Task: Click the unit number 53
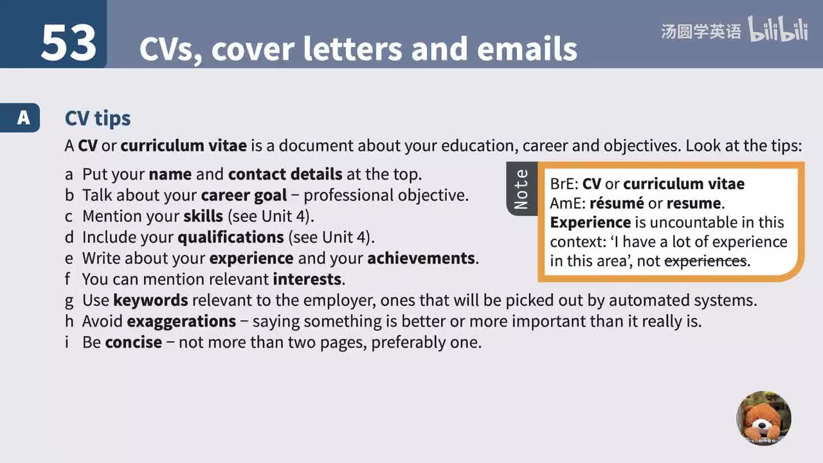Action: (69, 43)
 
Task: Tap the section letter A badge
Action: (24, 118)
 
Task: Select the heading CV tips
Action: (98, 118)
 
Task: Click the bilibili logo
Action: (777, 30)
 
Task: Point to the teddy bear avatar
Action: (764, 418)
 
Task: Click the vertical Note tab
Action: (521, 189)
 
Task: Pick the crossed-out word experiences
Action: (705, 261)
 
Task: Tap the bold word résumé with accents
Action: (617, 203)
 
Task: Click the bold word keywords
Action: (150, 300)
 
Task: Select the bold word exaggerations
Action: (181, 321)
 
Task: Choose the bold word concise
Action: (133, 342)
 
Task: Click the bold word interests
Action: (307, 280)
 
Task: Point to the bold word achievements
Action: (421, 259)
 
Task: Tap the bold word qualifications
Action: (230, 237)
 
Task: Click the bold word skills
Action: (203, 216)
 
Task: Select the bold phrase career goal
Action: (244, 195)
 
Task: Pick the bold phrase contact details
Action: (285, 174)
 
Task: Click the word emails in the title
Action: (527, 49)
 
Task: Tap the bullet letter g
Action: (69, 301)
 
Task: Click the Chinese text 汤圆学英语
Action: (701, 31)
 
